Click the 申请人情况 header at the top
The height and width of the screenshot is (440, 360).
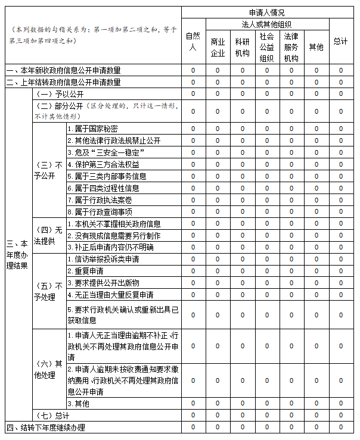tap(266, 12)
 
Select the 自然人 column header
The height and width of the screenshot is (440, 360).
tap(193, 41)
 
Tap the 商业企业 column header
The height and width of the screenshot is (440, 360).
tap(218, 47)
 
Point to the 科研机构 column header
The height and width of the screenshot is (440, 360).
tap(242, 47)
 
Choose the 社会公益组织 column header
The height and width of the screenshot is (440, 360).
tap(266, 47)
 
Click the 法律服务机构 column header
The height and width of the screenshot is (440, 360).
tap(291, 47)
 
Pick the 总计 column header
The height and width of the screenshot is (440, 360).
tap(341, 41)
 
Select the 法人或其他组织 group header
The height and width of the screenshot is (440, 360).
tap(266, 24)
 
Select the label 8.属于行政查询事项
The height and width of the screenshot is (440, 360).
tap(100, 211)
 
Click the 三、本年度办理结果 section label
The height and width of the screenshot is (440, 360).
tap(17, 254)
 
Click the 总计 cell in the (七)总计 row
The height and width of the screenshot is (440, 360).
tap(341, 415)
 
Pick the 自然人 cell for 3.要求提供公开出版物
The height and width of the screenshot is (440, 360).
tap(193, 283)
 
